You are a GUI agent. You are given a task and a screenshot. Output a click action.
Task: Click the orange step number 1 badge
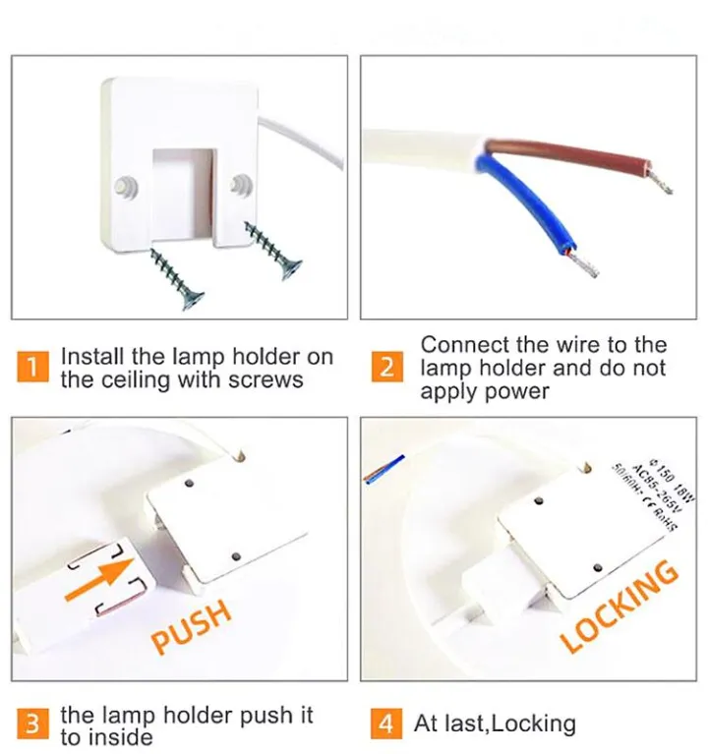33,369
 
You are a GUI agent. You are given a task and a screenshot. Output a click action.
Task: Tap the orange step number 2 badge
386,369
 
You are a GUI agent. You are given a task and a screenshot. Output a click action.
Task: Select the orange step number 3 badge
33,725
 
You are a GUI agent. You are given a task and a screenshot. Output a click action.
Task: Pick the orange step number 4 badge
386,725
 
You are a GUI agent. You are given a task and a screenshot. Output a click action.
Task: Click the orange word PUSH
193,626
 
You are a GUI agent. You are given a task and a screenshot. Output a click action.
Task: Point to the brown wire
560,158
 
